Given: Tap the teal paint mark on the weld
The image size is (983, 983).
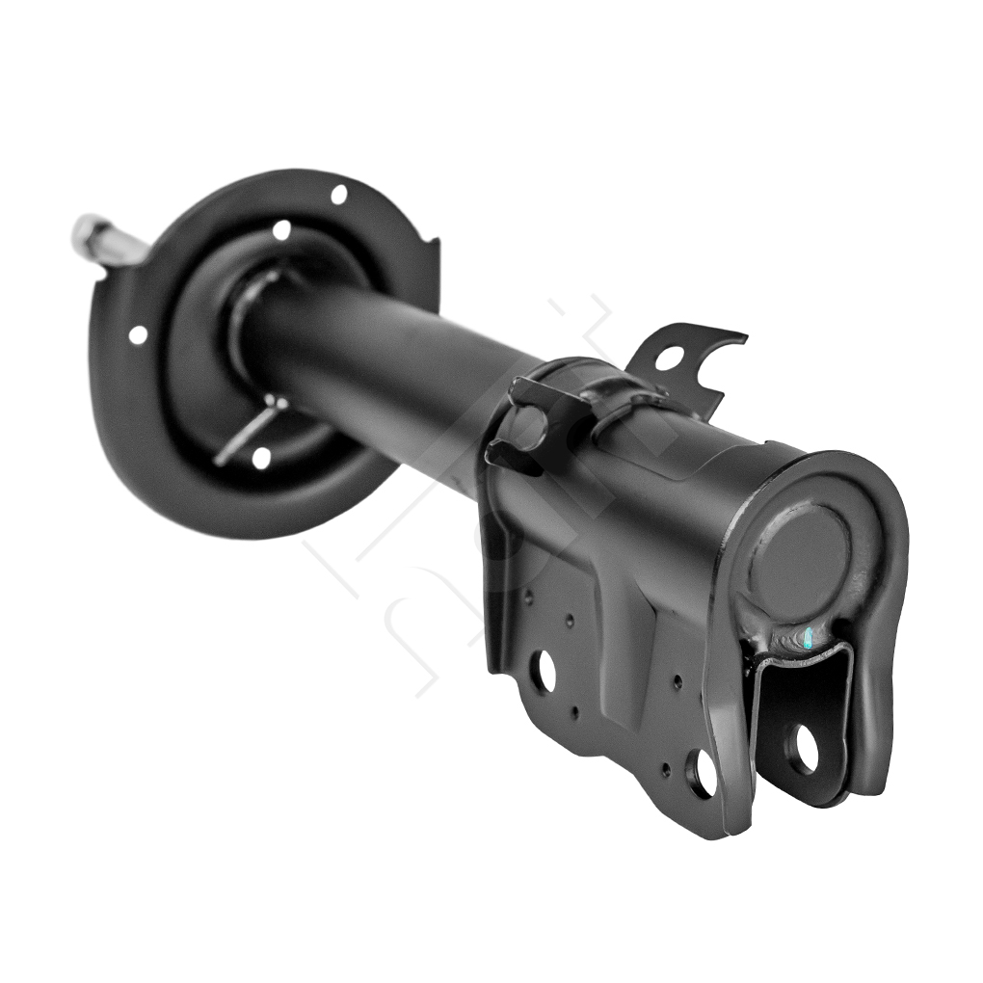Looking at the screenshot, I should (x=808, y=637).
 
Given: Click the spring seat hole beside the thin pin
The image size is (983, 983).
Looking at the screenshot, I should (x=261, y=458).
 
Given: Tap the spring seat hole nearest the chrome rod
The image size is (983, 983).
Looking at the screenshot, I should (x=138, y=334).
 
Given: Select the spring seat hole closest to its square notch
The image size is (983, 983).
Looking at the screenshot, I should (x=339, y=194).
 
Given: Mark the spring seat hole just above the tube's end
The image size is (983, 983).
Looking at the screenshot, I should (x=281, y=230).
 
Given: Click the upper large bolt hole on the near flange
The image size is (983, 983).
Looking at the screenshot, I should (x=543, y=671).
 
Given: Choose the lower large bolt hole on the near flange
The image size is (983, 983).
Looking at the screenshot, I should (x=702, y=773).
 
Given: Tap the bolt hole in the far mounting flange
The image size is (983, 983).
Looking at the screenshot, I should (x=804, y=748).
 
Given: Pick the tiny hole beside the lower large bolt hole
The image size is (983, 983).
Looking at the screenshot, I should (x=666, y=769).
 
